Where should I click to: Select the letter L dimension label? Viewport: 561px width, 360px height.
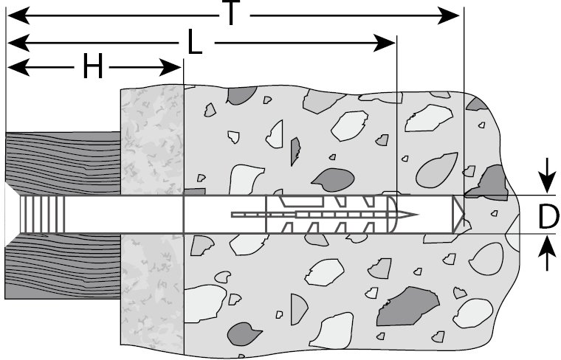click(195, 44)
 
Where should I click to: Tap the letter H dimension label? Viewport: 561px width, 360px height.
click(92, 68)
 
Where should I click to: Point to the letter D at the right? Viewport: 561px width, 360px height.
click(547, 216)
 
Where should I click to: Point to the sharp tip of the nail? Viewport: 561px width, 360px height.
click(416, 215)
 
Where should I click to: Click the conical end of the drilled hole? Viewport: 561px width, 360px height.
click(460, 215)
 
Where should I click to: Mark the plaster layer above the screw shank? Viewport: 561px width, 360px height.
click(151, 140)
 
